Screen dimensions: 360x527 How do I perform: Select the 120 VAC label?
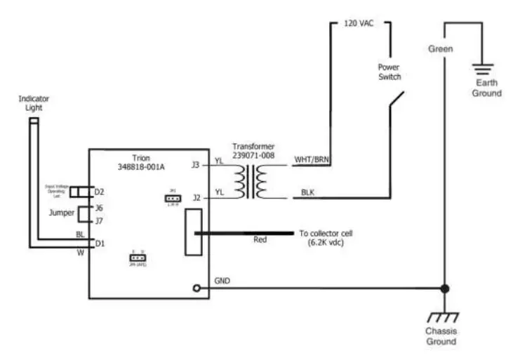point(359,23)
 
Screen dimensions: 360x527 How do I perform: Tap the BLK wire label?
point(308,192)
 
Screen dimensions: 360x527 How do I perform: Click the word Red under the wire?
point(260,239)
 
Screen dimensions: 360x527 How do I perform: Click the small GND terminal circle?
point(197,288)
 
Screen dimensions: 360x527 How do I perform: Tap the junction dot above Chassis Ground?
point(443,288)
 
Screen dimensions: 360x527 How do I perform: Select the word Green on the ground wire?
point(441,49)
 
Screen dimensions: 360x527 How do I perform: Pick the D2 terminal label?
point(99,192)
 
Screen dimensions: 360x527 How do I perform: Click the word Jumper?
point(61,212)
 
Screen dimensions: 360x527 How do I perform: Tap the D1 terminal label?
point(99,243)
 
